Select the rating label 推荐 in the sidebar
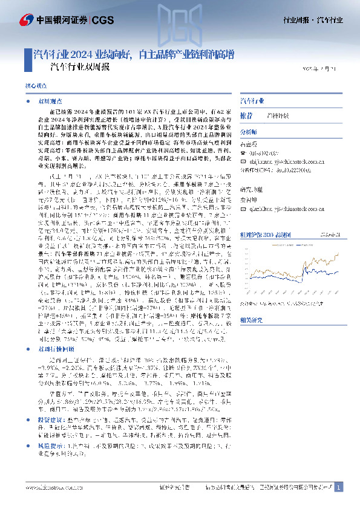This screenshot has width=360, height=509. (246, 115)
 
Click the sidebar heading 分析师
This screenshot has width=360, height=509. (249, 132)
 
